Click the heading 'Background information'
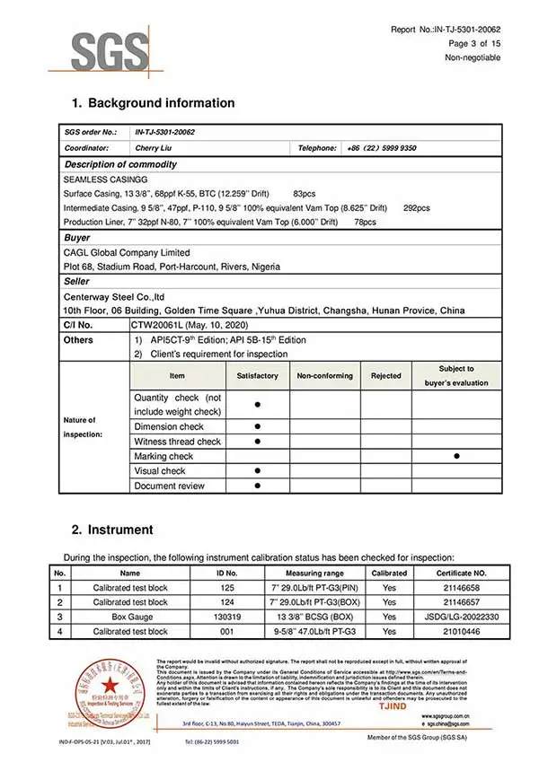tap(161, 102)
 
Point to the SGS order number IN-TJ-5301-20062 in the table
tap(164, 132)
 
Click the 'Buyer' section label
tap(77, 238)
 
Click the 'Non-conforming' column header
tap(324, 376)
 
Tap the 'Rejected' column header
tap(386, 376)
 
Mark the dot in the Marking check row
tap(457, 456)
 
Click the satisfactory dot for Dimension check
tap(257, 426)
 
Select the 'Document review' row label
tap(169, 486)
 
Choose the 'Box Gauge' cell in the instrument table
tap(130, 617)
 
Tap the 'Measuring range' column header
tap(314, 573)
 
